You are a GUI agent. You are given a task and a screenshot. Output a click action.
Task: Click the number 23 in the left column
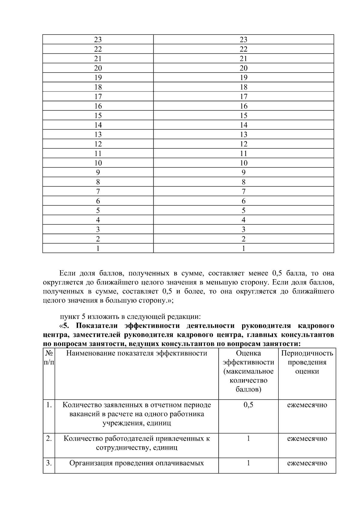click(98, 40)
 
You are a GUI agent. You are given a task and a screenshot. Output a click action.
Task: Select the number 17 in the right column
click(243, 97)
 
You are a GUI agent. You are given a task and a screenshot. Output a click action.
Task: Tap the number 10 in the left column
click(98, 163)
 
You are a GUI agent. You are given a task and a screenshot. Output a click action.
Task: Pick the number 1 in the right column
click(243, 248)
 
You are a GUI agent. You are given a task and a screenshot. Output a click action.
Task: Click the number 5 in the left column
click(98, 211)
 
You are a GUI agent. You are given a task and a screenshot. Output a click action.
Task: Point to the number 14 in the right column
click(243, 125)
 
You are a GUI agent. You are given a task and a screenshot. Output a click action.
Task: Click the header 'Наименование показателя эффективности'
click(136, 353)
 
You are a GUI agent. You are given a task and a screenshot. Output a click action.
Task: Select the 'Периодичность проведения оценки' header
click(307, 362)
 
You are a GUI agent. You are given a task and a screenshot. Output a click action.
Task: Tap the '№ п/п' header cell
click(49, 358)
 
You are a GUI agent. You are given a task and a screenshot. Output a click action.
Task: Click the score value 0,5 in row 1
click(248, 405)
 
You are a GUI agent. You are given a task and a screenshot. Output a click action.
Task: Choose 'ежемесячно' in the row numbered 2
click(307, 439)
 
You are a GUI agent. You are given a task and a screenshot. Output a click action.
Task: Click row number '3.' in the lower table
click(49, 463)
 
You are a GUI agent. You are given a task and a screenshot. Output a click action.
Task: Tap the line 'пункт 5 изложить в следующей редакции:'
click(130, 317)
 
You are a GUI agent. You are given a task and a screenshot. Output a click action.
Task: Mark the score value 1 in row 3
click(248, 463)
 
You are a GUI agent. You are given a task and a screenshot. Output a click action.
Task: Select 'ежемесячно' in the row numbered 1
click(307, 405)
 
